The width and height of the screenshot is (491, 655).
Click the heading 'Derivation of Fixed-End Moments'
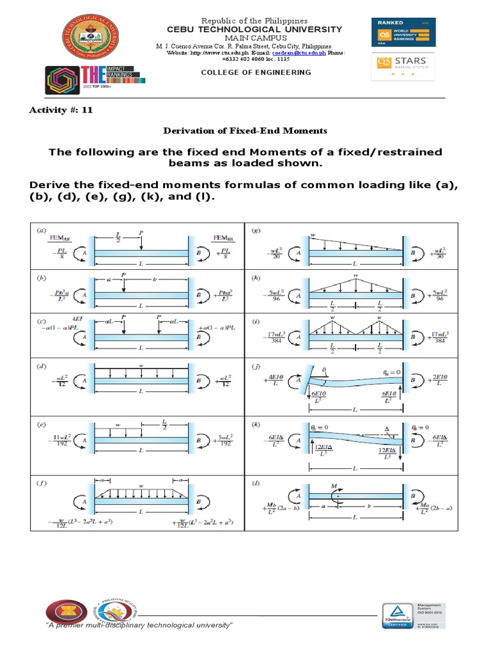245,130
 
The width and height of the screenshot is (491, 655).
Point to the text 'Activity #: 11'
61,109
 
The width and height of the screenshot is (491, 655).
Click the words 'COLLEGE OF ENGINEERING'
256,72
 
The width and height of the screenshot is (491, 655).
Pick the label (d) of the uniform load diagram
42,367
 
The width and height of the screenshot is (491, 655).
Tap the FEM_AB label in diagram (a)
58,239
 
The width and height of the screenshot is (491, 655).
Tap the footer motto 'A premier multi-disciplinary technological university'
137,624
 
